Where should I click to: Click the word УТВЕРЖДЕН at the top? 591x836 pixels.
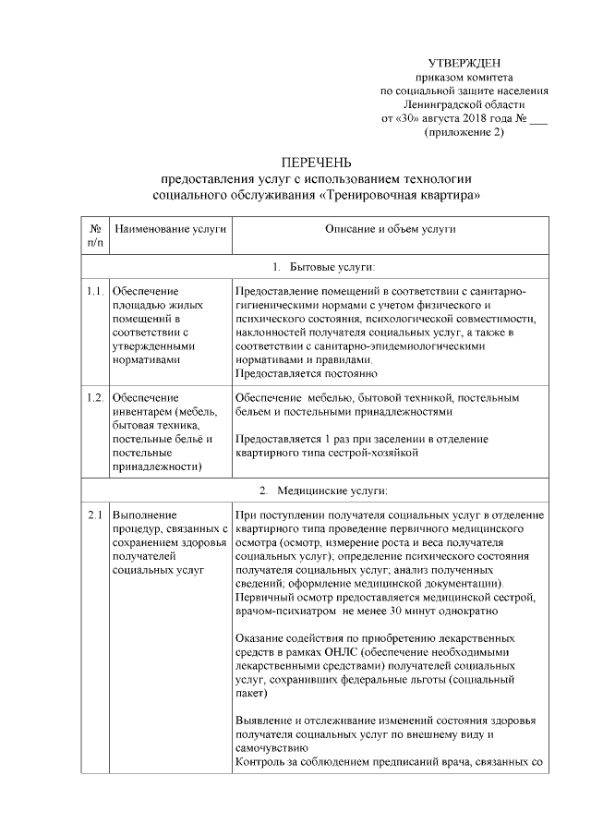[465, 61]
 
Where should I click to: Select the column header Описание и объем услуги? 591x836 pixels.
[389, 229]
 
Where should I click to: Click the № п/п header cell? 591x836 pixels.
[95, 236]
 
